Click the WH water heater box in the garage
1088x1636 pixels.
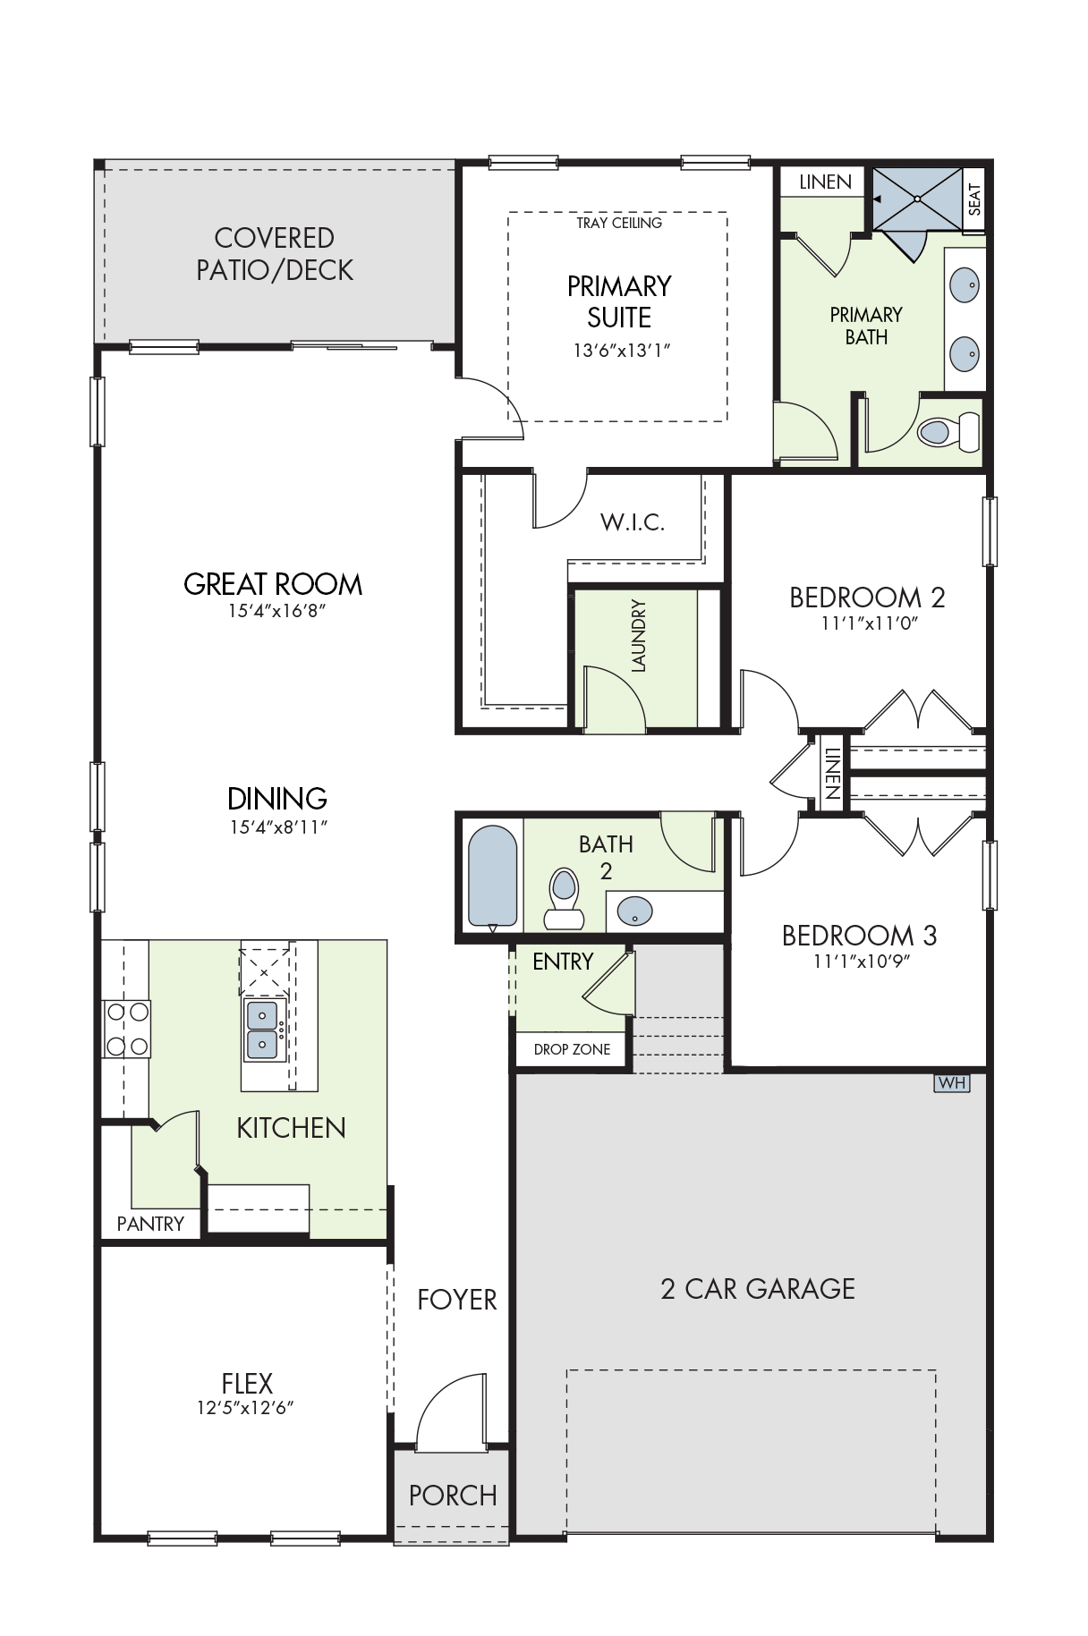(x=952, y=1083)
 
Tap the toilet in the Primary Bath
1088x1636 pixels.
(x=948, y=432)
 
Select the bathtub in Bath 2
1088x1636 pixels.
(x=493, y=877)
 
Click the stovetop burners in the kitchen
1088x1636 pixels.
(x=127, y=1029)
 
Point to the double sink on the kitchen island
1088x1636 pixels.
(x=263, y=1030)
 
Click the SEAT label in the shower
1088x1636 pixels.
(x=974, y=199)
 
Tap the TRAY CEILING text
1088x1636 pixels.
(x=619, y=223)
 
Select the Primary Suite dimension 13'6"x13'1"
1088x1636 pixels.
(x=622, y=351)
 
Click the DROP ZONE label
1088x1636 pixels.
(x=573, y=1049)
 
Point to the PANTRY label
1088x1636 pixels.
(x=150, y=1224)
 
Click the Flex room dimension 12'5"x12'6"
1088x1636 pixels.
(x=246, y=1408)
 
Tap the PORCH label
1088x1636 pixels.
(x=453, y=1496)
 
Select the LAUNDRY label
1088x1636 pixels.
(x=638, y=636)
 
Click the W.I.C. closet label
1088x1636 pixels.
(x=633, y=522)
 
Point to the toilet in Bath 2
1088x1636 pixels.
(x=565, y=898)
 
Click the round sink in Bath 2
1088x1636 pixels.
(x=635, y=911)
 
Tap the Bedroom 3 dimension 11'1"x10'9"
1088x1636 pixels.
(x=862, y=962)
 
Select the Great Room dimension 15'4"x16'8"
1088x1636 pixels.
(x=276, y=611)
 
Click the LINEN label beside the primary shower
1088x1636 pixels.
(x=825, y=182)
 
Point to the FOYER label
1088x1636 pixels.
(x=457, y=1300)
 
